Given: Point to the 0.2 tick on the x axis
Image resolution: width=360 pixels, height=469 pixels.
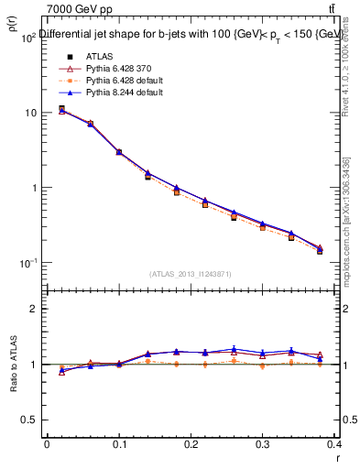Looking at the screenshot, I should pyautogui.click(x=191, y=443).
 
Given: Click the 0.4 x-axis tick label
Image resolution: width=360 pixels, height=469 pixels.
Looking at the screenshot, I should pyautogui.click(x=334, y=443).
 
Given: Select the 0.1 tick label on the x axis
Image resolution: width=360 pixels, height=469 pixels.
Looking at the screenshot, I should pyautogui.click(x=118, y=443).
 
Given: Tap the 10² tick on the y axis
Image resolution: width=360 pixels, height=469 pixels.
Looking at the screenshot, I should pyautogui.click(x=29, y=38).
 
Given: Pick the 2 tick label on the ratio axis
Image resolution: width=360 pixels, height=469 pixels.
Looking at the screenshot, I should pyautogui.click(x=34, y=309).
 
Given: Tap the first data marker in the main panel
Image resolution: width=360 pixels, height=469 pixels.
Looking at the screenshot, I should pyautogui.click(x=61, y=109).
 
